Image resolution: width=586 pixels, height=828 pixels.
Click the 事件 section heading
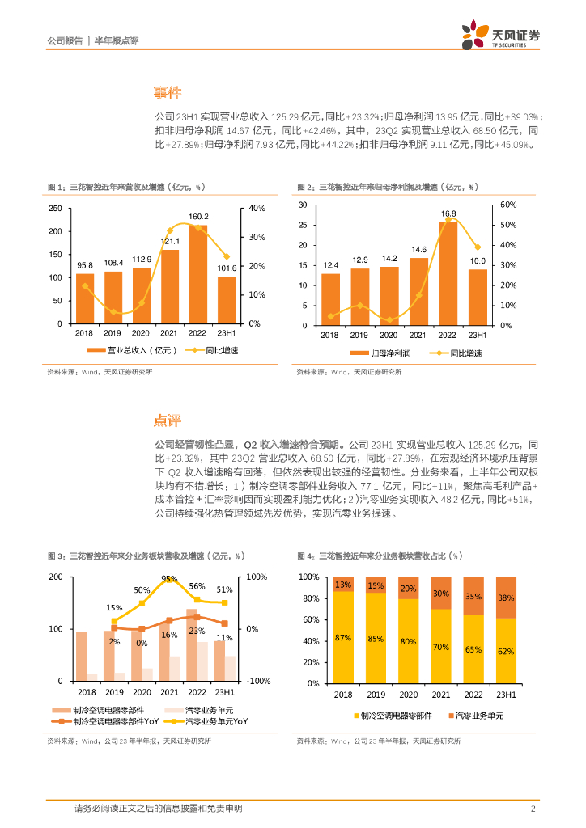tap(168, 92)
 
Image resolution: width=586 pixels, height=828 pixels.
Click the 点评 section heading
tap(168, 420)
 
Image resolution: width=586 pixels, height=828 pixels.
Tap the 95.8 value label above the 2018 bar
tap(85, 265)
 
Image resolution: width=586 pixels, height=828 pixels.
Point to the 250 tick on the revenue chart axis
tap(55, 209)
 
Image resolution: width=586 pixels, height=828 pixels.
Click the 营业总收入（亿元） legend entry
tap(130, 350)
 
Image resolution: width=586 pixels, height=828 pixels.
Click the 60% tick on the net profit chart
tap(498, 205)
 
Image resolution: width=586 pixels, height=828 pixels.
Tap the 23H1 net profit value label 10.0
tap(478, 261)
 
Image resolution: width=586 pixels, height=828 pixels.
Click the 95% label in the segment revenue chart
tap(169, 579)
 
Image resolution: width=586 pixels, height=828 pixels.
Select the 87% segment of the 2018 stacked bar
tap(343, 638)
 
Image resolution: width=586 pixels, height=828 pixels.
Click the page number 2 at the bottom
tap(533, 809)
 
